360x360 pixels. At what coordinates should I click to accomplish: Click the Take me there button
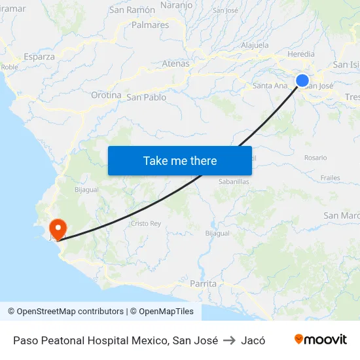(180, 160)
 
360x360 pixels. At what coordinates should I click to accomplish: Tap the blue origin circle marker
(302, 81)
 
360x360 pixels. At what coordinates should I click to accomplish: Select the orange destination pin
(58, 228)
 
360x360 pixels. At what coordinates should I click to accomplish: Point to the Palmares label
(150, 25)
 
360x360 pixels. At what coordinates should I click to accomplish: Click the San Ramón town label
(132, 10)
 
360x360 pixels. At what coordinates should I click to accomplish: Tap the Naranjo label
(176, 5)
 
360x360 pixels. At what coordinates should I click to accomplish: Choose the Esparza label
(39, 56)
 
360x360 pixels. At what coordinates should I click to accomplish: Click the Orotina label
(106, 95)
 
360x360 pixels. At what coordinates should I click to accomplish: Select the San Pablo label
(146, 98)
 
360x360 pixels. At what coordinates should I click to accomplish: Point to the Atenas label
(175, 63)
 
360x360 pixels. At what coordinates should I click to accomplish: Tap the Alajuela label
(255, 45)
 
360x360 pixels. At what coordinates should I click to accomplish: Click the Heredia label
(301, 54)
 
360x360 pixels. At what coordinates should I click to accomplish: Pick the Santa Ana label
(270, 85)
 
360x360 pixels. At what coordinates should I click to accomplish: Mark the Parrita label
(202, 284)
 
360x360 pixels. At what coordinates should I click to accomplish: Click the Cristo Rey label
(146, 223)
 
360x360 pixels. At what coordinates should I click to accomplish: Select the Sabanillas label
(234, 181)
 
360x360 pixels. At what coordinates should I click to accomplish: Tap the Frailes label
(331, 177)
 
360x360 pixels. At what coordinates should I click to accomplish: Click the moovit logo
(321, 340)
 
